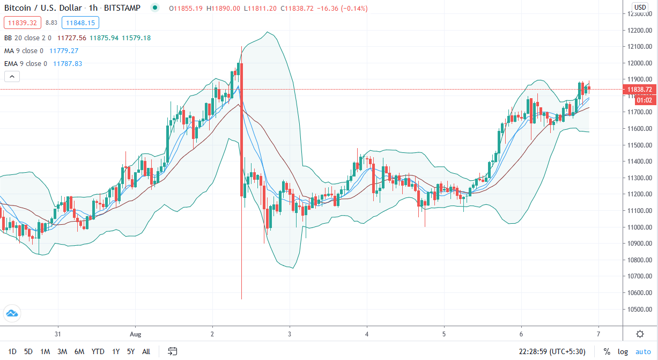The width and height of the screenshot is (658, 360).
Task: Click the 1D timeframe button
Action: [12, 351]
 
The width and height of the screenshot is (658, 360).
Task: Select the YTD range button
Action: [98, 351]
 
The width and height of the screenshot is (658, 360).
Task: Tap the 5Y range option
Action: [131, 351]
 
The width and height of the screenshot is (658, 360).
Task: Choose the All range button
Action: [146, 351]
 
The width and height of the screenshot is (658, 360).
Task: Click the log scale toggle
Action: [623, 351]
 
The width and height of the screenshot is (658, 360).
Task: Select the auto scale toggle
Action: [643, 351]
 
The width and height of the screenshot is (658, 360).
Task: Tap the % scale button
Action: [607, 351]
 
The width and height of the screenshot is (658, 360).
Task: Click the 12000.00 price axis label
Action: [640, 63]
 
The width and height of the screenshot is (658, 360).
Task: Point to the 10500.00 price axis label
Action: [640, 310]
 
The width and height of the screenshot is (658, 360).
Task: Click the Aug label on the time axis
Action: [135, 333]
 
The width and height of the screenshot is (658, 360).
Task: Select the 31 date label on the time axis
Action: [58, 333]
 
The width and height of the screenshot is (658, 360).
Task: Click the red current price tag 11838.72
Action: [640, 90]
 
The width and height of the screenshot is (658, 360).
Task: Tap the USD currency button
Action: [640, 7]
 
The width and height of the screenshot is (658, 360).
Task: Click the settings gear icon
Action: [640, 334]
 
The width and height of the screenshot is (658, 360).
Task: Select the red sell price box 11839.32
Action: [21, 23]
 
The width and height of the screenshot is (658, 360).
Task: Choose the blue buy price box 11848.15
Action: [78, 23]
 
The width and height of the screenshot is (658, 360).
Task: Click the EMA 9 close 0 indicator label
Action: [26, 63]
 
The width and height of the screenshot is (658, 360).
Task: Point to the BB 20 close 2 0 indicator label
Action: [27, 38]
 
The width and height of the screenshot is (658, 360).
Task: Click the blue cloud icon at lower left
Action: [11, 313]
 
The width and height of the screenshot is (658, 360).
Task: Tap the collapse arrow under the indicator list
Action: [11, 77]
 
